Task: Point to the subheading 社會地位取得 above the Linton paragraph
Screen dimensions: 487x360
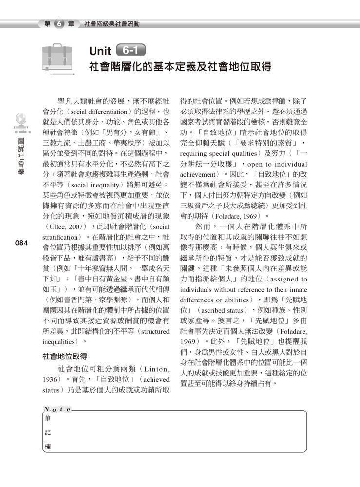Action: [66, 357]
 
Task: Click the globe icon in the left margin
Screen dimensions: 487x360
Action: [21, 118]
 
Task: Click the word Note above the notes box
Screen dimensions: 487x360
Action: [57, 409]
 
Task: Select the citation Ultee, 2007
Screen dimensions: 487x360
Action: [64, 227]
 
